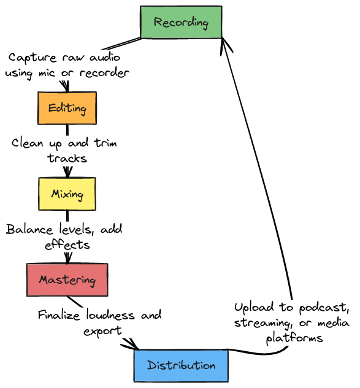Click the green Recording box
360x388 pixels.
pyautogui.click(x=181, y=23)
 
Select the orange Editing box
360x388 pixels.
pyautogui.click(x=67, y=108)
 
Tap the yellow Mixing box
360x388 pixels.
pyautogui.click(x=67, y=194)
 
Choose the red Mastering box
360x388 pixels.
pyautogui.click(x=67, y=280)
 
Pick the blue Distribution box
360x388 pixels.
pyautogui.click(x=181, y=366)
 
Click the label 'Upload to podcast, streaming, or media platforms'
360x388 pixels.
pyautogui.click(x=293, y=322)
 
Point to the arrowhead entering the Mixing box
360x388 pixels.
pyautogui.click(x=67, y=174)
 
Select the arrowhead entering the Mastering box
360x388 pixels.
pyautogui.click(x=67, y=260)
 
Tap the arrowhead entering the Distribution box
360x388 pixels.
pyautogui.click(x=134, y=348)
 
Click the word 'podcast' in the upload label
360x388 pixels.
pyautogui.click(x=321, y=307)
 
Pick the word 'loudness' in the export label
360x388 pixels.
pyautogui.click(x=112, y=316)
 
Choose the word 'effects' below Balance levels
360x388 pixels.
pyautogui.click(x=67, y=245)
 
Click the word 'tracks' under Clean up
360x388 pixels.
pyautogui.click(x=67, y=158)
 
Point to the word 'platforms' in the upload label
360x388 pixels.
pyautogui.click(x=294, y=338)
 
